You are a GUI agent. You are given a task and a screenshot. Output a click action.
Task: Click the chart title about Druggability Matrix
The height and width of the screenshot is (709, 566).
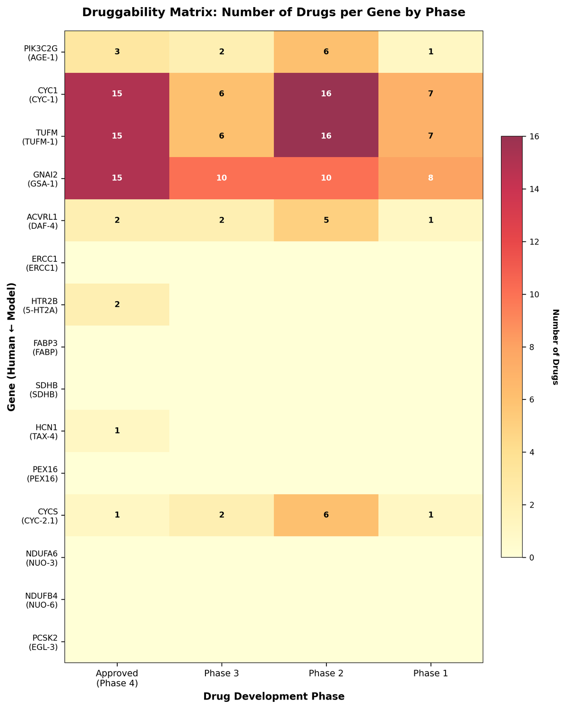pos(274,12)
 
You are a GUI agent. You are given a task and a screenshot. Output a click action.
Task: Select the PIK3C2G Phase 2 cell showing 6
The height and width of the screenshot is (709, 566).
pos(326,52)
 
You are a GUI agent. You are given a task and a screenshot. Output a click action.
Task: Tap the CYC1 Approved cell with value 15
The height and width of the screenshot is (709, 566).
pos(117,94)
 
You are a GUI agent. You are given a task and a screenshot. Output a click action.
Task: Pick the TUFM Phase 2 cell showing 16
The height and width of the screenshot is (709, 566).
pos(326,136)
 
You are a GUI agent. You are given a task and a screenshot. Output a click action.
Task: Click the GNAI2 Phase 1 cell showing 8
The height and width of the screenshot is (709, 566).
pos(431,178)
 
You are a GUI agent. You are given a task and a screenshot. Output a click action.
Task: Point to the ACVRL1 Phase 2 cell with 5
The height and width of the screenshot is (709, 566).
pos(326,220)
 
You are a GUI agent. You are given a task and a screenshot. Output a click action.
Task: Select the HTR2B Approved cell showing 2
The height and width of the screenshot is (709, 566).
pos(117,304)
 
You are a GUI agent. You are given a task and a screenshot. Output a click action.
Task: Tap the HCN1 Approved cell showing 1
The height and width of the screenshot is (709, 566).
pos(117,431)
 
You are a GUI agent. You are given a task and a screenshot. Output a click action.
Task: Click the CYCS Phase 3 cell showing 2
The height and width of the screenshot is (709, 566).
pos(222,515)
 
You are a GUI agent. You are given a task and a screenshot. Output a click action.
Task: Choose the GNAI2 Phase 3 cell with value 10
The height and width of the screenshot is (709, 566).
pos(222,178)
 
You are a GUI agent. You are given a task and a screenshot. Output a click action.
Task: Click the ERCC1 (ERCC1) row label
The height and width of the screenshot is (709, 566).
pos(42,263)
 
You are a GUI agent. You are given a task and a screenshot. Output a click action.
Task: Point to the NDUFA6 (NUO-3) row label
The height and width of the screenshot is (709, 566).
pos(42,558)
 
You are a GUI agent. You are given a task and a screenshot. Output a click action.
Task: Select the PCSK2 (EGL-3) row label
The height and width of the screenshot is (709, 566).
pos(43,642)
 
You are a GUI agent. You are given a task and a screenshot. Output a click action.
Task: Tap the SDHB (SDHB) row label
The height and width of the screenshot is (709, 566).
pos(43,390)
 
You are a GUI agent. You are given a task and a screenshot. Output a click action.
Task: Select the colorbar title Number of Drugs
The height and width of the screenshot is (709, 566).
pos(556,347)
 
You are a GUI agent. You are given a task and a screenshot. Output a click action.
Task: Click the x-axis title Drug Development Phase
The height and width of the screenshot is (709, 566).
pos(274,697)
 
